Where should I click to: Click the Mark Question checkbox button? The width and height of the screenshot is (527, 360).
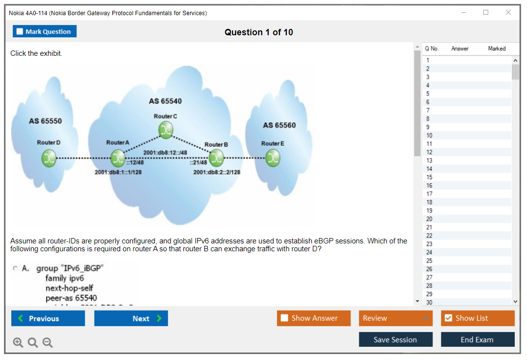pos(45,31)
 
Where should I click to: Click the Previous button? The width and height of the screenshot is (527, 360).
pos(48,318)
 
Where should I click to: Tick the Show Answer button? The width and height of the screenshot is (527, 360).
pos(314,318)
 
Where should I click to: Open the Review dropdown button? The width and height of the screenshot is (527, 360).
pos(396,318)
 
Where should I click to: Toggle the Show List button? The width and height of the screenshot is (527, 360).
pos(477,318)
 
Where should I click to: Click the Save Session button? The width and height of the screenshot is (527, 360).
pos(396,339)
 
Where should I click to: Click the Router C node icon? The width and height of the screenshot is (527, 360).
pos(166,129)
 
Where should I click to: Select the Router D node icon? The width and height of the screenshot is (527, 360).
pos(49,158)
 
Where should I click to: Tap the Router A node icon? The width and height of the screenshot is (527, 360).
pos(118,158)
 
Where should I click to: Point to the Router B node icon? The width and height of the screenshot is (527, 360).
pos(216,158)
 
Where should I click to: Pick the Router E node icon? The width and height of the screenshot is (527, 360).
pos(273,158)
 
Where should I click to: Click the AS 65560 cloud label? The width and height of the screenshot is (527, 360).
pos(279,125)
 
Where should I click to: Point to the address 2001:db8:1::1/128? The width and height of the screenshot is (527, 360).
pos(118,172)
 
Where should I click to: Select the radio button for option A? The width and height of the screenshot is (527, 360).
pos(16,268)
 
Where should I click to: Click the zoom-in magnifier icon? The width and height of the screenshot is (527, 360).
pos(18,343)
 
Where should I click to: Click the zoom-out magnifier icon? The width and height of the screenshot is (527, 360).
pos(48,343)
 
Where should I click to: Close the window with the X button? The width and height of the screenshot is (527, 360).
pos(508,13)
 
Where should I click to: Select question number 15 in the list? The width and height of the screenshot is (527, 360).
pos(429,177)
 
